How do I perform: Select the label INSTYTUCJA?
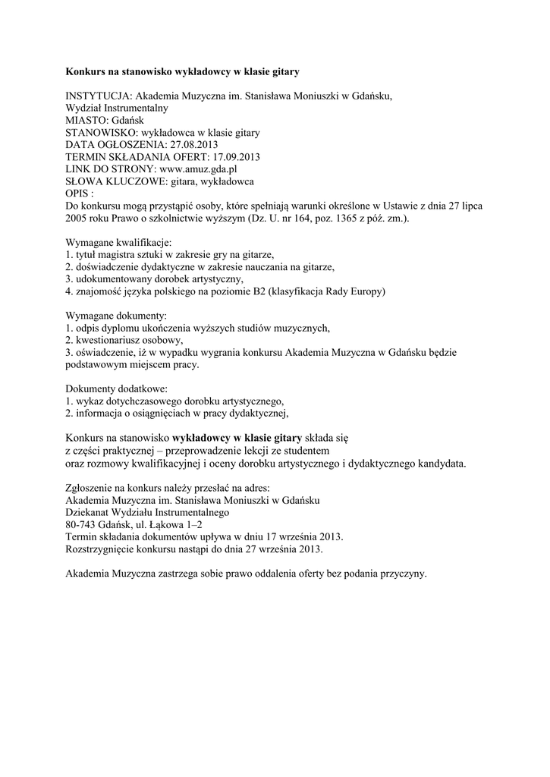click(x=99, y=96)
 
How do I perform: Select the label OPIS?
click(x=77, y=193)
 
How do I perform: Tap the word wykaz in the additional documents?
click(x=88, y=400)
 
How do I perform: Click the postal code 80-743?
click(x=83, y=524)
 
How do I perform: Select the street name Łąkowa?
click(x=167, y=524)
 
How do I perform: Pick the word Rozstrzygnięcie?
click(x=103, y=549)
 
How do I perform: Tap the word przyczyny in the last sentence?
click(x=404, y=573)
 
